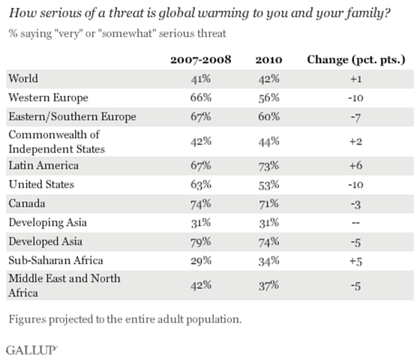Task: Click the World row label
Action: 22,77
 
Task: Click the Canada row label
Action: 25,203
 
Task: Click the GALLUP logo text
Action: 32,349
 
